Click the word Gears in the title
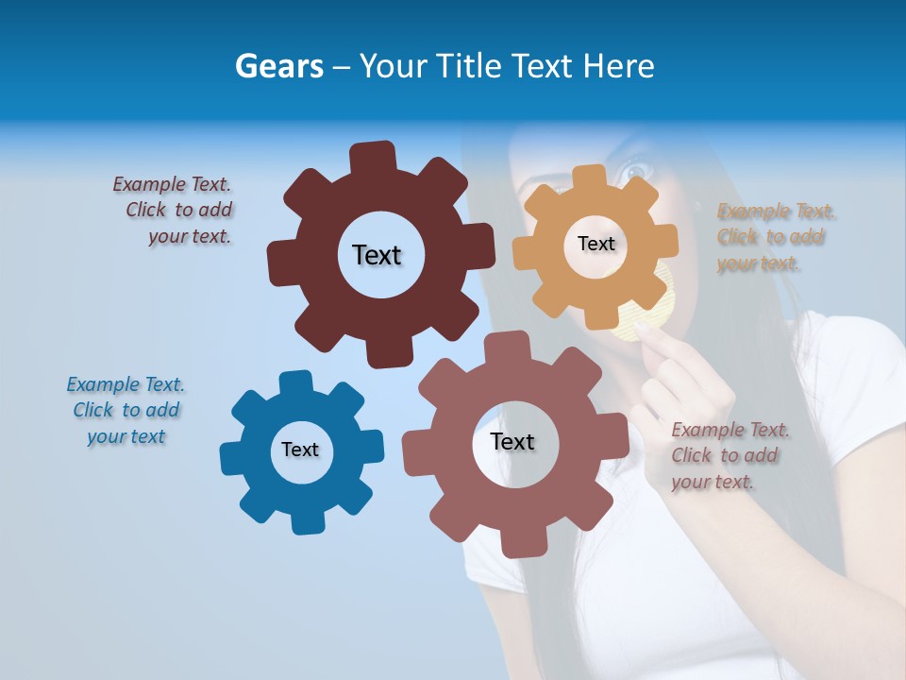coord(279,66)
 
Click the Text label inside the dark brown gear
coord(377,255)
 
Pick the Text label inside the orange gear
coord(596,244)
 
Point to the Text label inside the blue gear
coord(300,450)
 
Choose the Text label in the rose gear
coord(512,441)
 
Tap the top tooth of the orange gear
coord(589,178)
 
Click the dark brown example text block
coord(175,211)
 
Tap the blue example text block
coord(126,411)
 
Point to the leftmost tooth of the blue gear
coord(231,459)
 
